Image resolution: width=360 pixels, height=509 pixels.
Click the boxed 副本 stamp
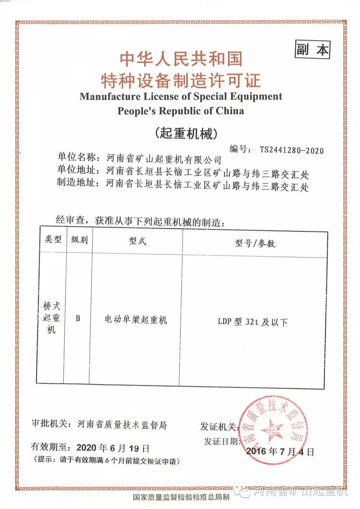(x=312, y=50)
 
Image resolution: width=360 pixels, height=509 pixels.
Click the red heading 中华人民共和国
(x=181, y=59)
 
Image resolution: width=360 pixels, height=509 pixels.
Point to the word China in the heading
(x=230, y=111)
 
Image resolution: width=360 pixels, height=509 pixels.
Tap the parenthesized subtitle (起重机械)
(x=186, y=133)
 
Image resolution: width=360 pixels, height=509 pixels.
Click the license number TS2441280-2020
(x=291, y=150)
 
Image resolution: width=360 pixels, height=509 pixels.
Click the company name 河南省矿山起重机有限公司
(x=164, y=159)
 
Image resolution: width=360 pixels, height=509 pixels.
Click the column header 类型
(x=53, y=240)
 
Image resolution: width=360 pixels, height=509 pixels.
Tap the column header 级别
(x=79, y=240)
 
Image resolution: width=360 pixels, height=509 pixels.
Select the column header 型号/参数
(x=255, y=243)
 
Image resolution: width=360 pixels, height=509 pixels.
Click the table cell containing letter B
(x=78, y=319)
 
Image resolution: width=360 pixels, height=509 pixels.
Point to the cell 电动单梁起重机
(x=136, y=320)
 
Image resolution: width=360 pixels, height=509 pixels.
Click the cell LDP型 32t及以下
(x=253, y=322)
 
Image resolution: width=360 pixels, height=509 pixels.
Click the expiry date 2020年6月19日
(x=113, y=448)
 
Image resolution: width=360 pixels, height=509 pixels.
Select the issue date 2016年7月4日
(x=280, y=451)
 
